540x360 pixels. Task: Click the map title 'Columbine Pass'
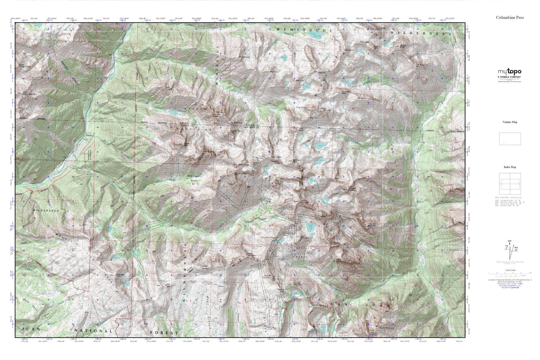[x=510, y=17]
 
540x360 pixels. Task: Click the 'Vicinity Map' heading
[x=510, y=122]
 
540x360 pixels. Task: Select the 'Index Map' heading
[x=510, y=167]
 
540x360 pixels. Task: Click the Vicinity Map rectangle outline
[x=510, y=139]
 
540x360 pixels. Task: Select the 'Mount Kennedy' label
[x=218, y=260]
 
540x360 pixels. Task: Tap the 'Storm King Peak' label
[x=380, y=28]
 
